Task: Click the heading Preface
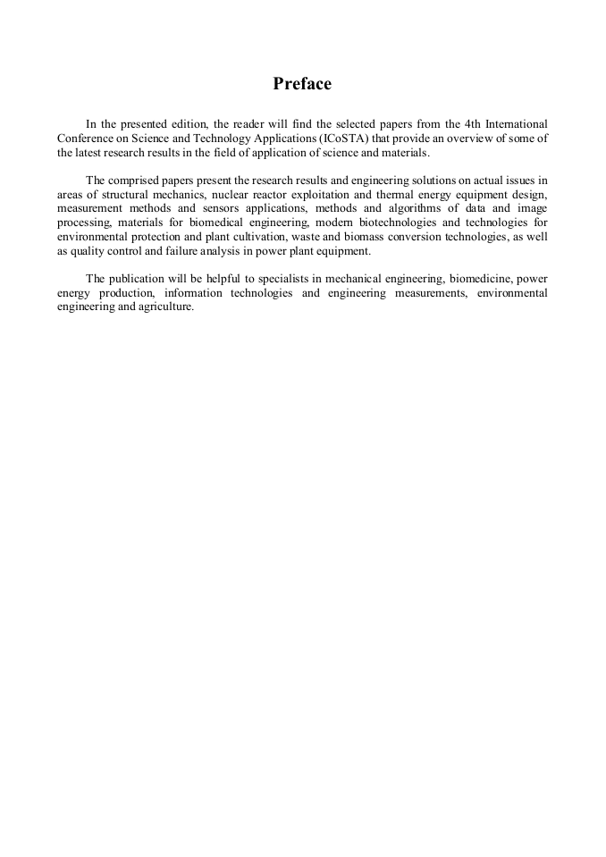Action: [x=302, y=84]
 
